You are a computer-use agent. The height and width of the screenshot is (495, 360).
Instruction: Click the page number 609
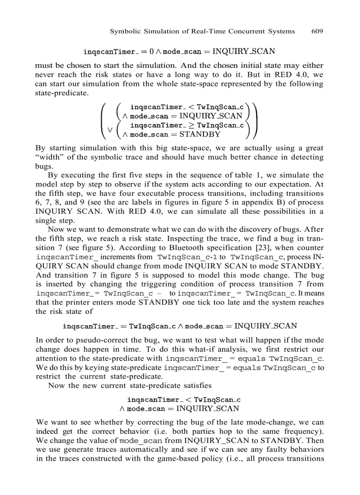pos(317,31)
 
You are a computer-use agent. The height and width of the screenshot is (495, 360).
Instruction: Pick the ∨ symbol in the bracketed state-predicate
pos(110,130)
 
